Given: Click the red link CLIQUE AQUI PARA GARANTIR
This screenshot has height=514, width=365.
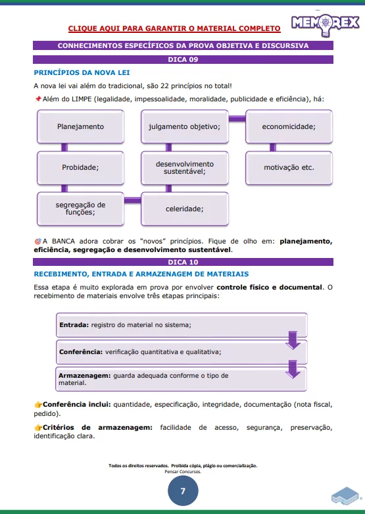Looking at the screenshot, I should click(x=174, y=28).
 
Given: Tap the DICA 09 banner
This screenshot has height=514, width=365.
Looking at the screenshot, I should click(x=182, y=59).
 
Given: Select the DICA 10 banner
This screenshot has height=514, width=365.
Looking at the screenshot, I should click(x=182, y=262).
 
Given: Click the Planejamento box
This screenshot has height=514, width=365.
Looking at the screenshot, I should click(x=80, y=126).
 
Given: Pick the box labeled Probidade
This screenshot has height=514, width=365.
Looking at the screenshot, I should click(x=80, y=167).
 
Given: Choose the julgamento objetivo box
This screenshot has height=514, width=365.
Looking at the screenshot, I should click(x=184, y=126).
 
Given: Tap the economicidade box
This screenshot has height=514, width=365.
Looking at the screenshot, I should click(x=289, y=126).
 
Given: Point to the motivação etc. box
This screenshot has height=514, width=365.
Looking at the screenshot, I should click(x=289, y=167).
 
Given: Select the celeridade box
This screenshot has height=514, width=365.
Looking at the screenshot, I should click(x=184, y=209).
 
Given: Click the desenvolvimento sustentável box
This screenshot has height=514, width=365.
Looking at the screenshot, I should click(x=184, y=167).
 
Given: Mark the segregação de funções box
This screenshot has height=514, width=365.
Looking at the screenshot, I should click(x=80, y=209).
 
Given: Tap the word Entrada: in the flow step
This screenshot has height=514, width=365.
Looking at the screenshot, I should click(x=74, y=324).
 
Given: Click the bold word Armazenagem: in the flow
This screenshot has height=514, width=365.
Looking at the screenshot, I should click(x=84, y=375).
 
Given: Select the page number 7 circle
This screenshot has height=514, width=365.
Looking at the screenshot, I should click(x=183, y=490).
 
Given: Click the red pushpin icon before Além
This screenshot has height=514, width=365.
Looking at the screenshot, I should click(x=37, y=99).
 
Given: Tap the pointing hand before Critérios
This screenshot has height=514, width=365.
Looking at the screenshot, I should click(x=37, y=428).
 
